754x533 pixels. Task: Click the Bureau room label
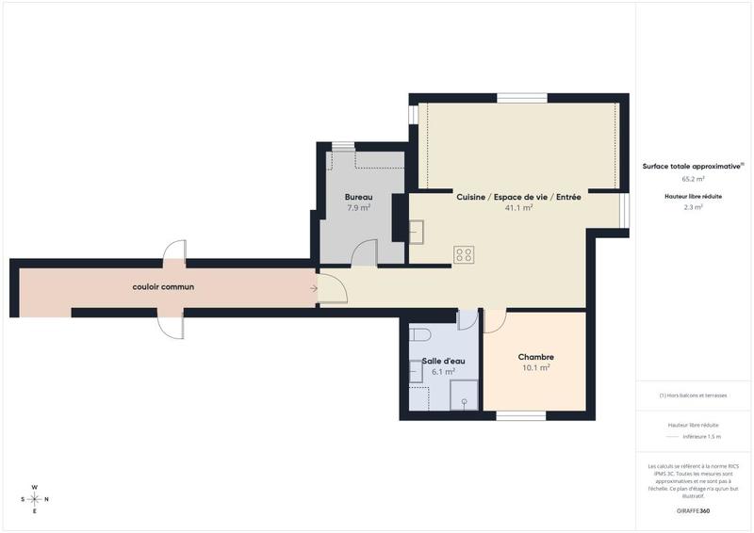coord(358,197)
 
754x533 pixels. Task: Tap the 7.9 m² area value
coord(358,207)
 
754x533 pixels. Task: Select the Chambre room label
coord(535,357)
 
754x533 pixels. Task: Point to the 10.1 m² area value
coord(535,368)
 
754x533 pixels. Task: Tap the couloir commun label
coord(163,286)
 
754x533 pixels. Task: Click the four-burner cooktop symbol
coord(464,253)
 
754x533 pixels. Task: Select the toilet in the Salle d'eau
coord(420,334)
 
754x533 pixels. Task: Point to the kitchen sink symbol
coord(417,231)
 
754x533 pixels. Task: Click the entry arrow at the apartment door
coord(312,289)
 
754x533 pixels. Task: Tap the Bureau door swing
coord(364,253)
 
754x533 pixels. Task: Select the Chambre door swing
coord(494,321)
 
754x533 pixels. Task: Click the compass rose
coord(35,499)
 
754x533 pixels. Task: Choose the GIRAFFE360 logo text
coord(693,510)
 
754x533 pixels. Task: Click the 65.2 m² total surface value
coord(693,178)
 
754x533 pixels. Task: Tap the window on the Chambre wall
coord(521,415)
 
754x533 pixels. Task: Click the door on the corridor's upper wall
coord(174,251)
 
